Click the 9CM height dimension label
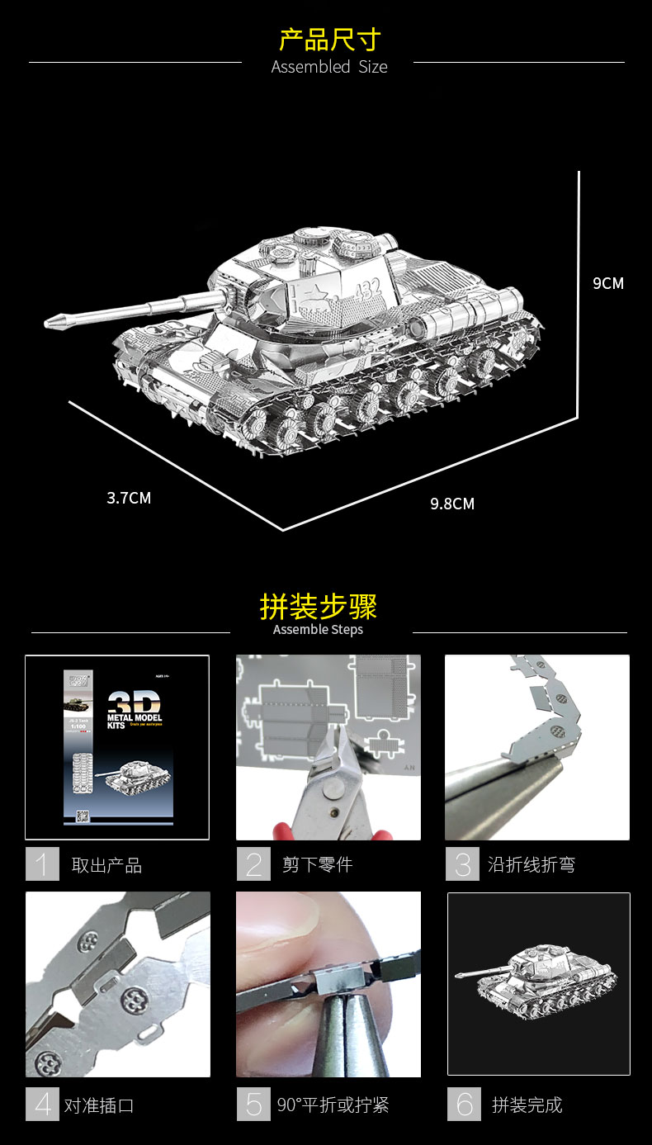pos(608,283)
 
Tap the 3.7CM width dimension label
pos(129,498)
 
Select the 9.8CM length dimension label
pos(452,504)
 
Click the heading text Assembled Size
pos(329,67)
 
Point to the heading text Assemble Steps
pos(318,630)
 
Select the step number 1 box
pos(42,864)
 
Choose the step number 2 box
pos(253,864)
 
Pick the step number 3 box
pos(462,864)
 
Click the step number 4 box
pos(42,1104)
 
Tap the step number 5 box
pos(253,1104)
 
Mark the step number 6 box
pos(465,1104)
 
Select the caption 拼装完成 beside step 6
pos(527,1105)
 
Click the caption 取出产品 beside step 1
pos(106,865)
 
